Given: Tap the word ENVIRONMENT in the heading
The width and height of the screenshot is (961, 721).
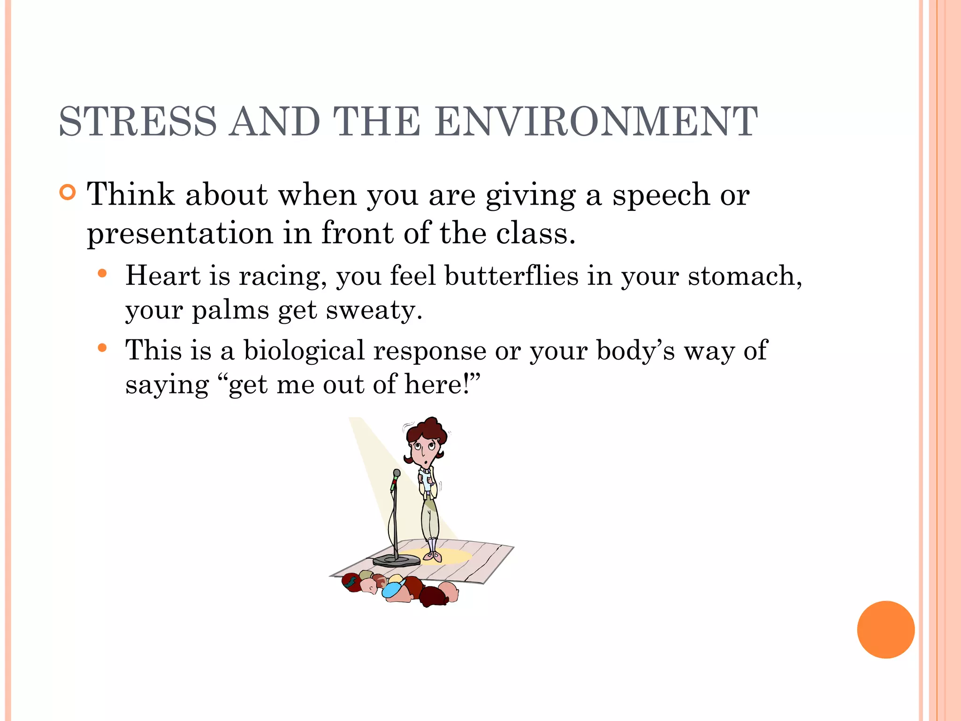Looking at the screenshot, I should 596,122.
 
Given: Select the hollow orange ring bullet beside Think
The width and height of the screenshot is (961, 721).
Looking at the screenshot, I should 68,192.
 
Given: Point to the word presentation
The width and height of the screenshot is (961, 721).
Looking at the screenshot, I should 180,233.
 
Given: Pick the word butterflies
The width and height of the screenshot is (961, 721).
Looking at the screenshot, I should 511,276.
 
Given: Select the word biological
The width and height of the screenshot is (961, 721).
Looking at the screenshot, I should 304,351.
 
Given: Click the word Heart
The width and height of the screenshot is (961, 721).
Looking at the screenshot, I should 163,276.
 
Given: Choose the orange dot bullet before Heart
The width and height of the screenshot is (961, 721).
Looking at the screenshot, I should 102,273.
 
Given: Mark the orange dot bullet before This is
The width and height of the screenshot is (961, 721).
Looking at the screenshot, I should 102,348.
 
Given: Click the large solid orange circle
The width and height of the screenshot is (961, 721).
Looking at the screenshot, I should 885,629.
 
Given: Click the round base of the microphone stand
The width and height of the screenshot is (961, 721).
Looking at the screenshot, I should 397,560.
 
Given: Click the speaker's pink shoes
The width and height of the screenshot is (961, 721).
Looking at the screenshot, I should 434,557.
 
